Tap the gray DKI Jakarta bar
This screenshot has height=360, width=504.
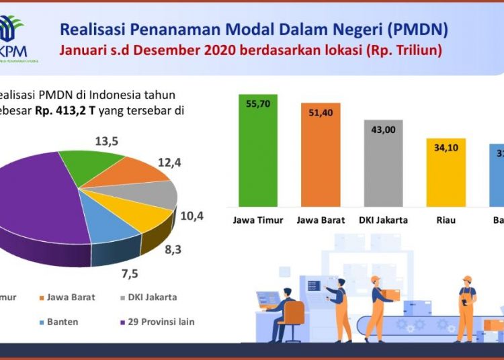pyautogui.click(x=384, y=168)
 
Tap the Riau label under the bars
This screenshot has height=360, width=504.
pyautogui.click(x=446, y=220)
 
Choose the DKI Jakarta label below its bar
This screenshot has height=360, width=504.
pyautogui.click(x=384, y=220)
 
